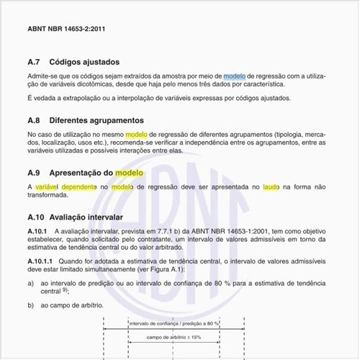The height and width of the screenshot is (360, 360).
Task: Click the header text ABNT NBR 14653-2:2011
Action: (x=66, y=29)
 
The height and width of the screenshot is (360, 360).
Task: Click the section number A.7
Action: (x=35, y=62)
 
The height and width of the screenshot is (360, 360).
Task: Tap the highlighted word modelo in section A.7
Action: (x=234, y=76)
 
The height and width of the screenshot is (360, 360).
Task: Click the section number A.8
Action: (x=35, y=120)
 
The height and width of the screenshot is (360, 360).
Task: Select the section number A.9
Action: (x=35, y=174)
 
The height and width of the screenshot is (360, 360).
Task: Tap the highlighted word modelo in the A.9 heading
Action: (x=130, y=174)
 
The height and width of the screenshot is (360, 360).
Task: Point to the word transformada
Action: (x=52, y=196)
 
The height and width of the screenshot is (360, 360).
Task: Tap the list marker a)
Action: (x=31, y=284)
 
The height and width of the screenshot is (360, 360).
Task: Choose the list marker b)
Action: (x=31, y=305)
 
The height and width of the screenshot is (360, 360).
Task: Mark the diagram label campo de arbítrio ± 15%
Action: (x=174, y=337)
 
